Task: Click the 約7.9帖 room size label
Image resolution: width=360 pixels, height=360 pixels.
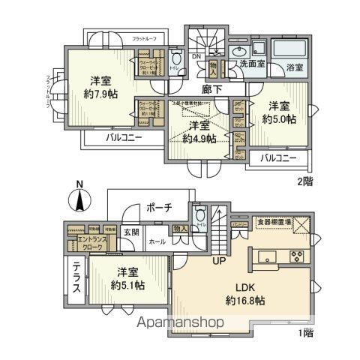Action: click(98, 95)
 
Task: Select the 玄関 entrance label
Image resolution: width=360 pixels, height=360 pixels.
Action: click(131, 232)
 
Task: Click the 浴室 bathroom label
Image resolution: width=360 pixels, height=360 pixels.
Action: click(294, 67)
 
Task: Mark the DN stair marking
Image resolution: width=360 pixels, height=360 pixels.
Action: click(195, 57)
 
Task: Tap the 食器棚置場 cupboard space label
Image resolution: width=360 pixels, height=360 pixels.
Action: click(270, 222)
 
